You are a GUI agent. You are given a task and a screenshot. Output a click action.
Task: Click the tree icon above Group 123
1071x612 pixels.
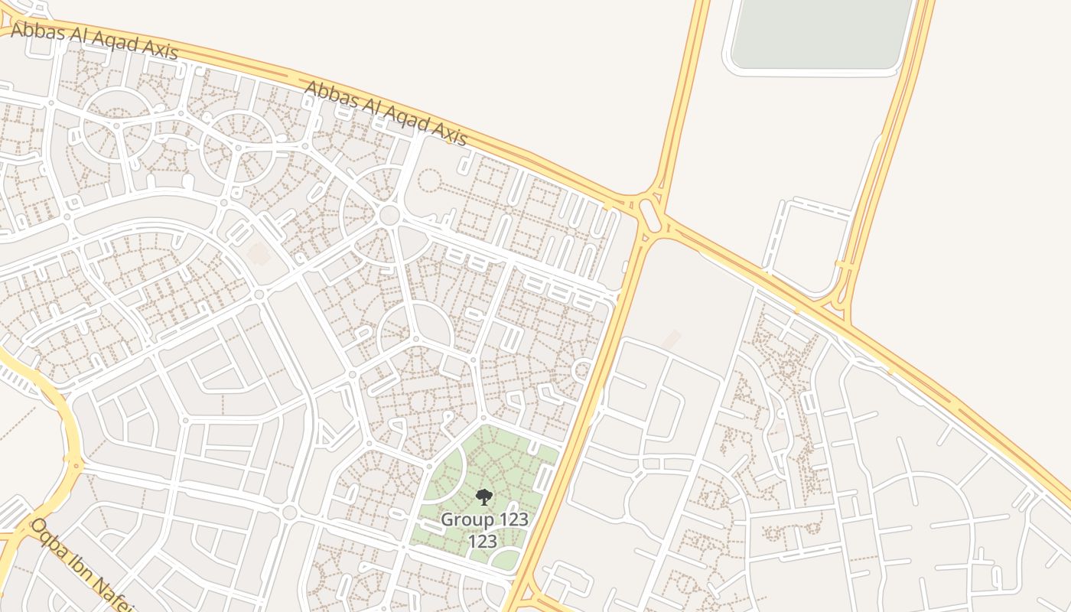coord(483,498)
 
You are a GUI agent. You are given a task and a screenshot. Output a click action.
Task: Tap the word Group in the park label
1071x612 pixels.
coord(467,520)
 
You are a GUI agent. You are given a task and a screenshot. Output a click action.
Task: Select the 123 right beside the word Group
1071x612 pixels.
coord(513,520)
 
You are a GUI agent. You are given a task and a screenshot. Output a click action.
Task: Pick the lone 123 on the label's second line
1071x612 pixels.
coord(483,542)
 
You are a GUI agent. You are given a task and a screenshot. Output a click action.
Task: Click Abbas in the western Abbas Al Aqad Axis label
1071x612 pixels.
coord(35,31)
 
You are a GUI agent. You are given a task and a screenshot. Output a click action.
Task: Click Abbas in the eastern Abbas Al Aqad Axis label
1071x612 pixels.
coord(328,94)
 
